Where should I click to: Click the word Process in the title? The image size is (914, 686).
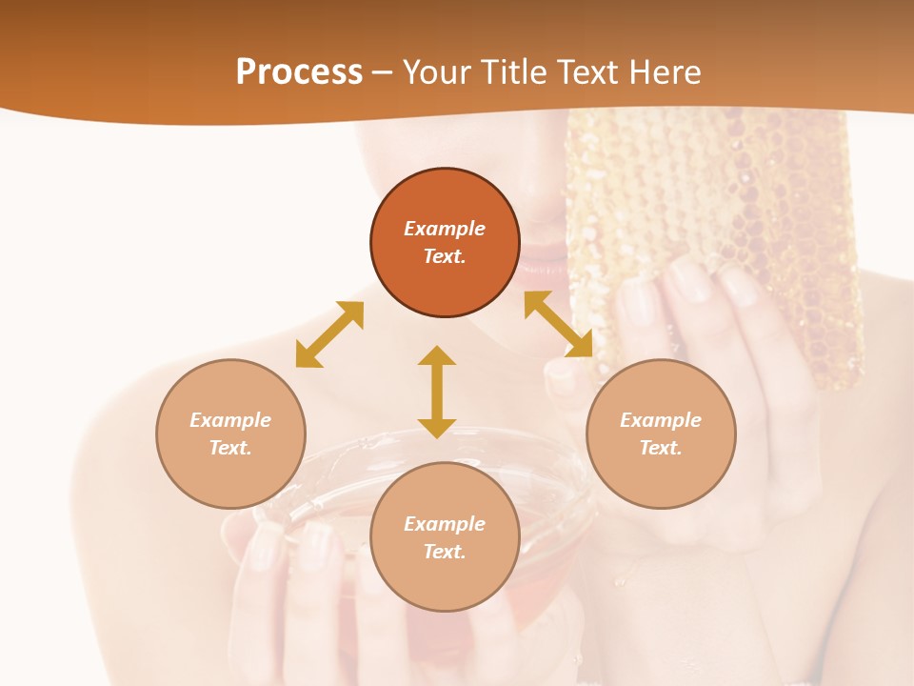pos(299,72)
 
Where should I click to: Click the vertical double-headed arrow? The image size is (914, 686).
pos(437,392)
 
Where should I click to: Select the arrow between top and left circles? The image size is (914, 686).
pos(329,334)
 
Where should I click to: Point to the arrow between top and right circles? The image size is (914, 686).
pos(559,324)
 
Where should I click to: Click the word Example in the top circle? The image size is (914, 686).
pos(445,229)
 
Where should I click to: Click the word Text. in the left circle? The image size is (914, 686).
pos(230,448)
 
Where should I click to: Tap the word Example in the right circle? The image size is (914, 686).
pos(661,420)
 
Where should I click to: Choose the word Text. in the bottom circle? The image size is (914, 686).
pos(445,552)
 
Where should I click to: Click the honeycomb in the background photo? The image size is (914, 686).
pos(724,210)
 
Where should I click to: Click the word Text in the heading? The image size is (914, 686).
pos(586,72)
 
